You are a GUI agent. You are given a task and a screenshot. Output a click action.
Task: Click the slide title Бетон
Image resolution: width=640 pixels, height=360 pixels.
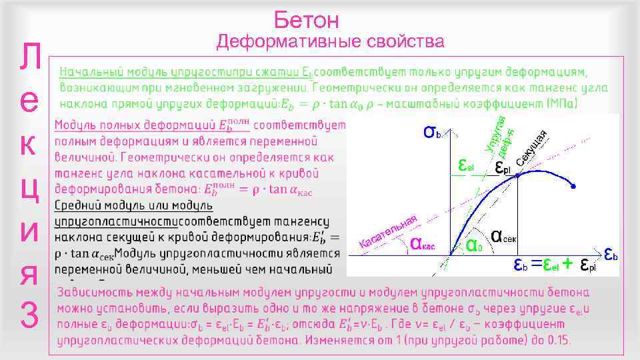(306, 20)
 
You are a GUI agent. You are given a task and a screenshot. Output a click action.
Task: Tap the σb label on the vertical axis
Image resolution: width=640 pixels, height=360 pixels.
(432, 132)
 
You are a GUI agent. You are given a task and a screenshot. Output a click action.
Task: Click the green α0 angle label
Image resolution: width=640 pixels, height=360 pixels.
(474, 245)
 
